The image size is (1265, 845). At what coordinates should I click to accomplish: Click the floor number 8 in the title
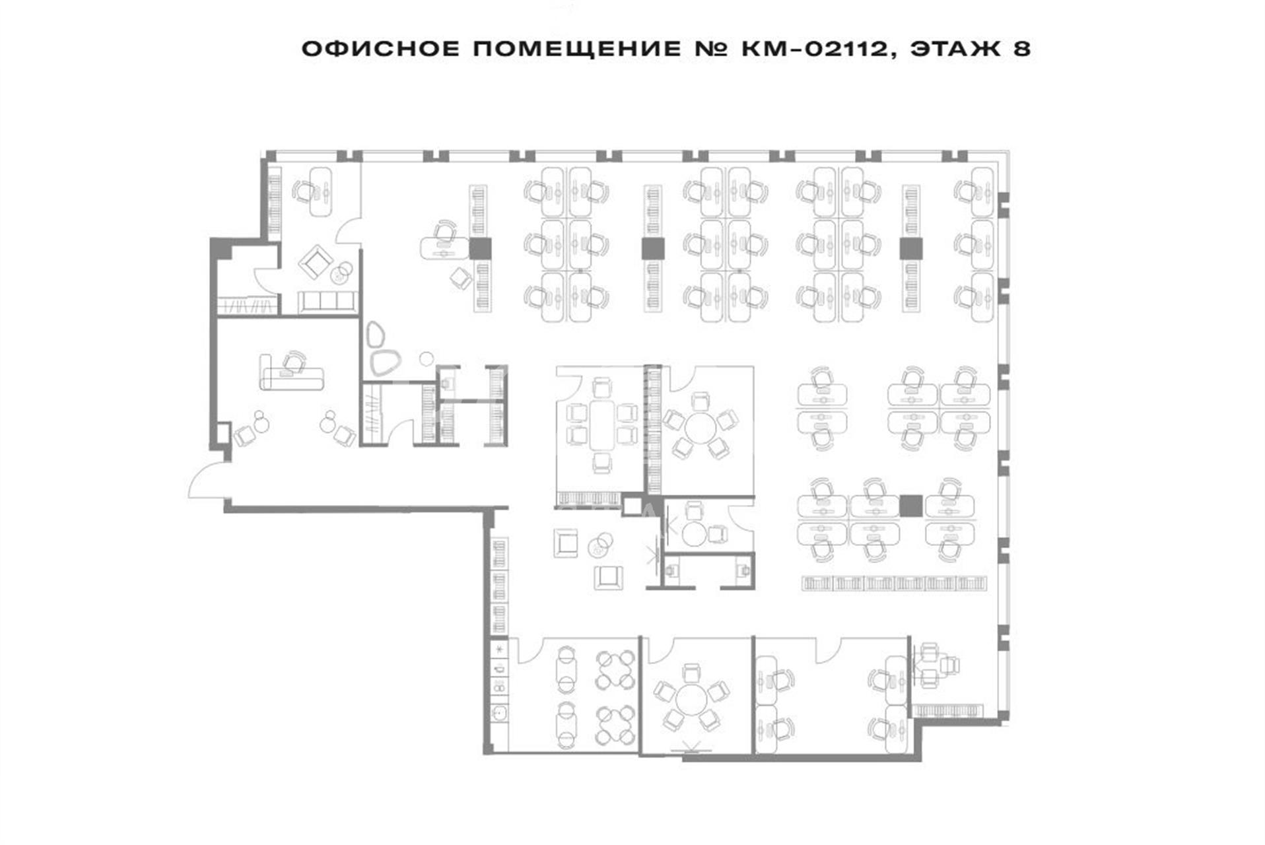pos(1022,49)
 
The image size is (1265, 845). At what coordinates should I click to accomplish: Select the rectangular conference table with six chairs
pos(601,425)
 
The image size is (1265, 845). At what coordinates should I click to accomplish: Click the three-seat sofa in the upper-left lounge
pos(327,302)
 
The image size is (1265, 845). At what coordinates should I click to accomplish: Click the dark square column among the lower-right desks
pos(911,506)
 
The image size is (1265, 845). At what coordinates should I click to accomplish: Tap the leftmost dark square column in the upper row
pos(480,248)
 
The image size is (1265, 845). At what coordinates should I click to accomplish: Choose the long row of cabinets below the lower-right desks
pos(895,583)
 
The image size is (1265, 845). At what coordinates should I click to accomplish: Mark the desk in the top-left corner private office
pos(321,191)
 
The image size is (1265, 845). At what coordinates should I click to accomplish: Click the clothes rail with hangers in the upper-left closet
pos(247,306)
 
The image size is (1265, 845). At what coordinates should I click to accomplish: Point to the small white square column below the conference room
pos(632,506)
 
